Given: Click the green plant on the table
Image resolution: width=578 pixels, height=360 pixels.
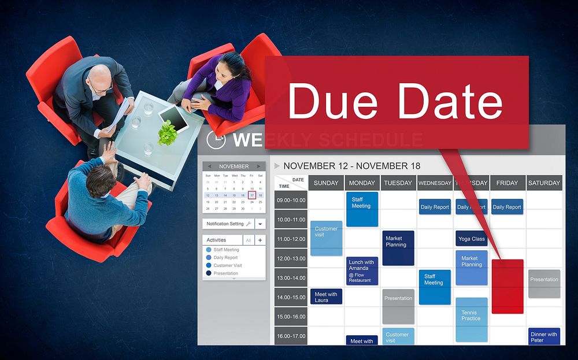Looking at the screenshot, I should point(168,132).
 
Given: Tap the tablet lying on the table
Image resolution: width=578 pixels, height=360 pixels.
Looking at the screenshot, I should point(174,117).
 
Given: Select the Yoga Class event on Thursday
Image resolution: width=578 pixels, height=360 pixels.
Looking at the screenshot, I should point(471,239).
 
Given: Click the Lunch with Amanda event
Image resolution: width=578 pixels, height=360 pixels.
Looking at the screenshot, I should point(362,270).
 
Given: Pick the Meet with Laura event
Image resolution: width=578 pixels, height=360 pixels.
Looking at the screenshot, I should point(326,297).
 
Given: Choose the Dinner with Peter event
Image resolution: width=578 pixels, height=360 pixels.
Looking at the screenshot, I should point(544,336).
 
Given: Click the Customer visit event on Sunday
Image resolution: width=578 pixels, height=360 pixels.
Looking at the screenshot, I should point(326,237).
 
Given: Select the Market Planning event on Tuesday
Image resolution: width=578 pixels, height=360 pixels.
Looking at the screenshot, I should point(398,248).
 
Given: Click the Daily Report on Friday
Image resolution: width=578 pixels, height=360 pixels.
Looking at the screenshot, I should point(507,207).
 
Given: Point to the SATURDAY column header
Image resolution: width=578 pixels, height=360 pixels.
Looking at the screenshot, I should point(544,183).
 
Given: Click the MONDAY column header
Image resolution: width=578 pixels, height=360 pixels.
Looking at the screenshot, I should point(362,183).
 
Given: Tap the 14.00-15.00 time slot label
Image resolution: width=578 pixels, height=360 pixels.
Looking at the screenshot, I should point(291,297).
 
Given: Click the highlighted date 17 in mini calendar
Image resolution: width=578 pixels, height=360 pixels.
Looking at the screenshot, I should point(252,195).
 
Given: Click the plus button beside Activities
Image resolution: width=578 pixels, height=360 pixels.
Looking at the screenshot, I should point(260,240).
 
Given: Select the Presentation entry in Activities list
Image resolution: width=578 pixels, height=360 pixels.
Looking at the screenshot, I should point(225,273).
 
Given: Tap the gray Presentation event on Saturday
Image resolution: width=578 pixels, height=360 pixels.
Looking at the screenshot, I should point(544,283).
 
